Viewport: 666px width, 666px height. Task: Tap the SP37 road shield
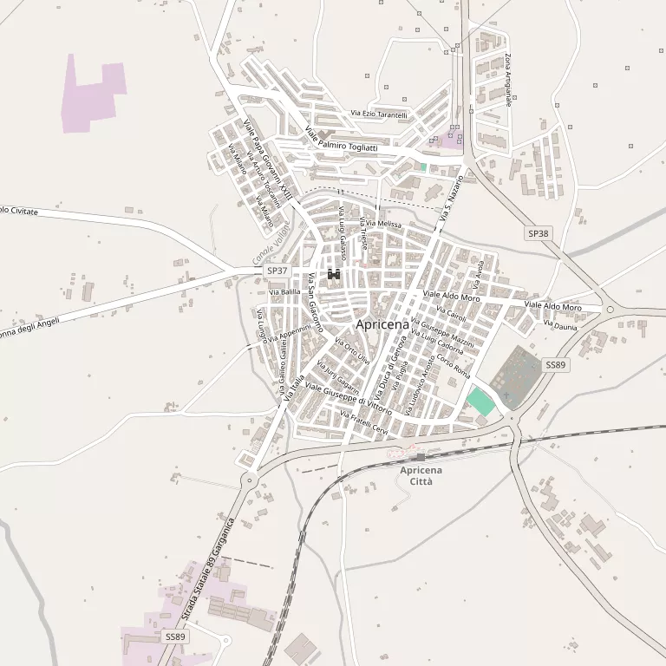point(277,271)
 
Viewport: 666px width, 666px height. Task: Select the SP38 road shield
point(538,233)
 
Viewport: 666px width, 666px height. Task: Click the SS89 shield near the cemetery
point(555,365)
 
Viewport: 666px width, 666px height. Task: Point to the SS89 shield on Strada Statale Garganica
point(175,637)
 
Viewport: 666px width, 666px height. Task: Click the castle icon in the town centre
point(334,276)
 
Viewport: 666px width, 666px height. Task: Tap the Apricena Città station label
point(421,475)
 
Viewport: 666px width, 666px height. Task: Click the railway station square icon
point(421,456)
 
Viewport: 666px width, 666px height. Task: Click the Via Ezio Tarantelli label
point(378,114)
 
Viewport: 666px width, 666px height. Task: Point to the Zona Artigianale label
point(507,80)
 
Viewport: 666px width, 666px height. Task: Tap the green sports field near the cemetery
point(480,401)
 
